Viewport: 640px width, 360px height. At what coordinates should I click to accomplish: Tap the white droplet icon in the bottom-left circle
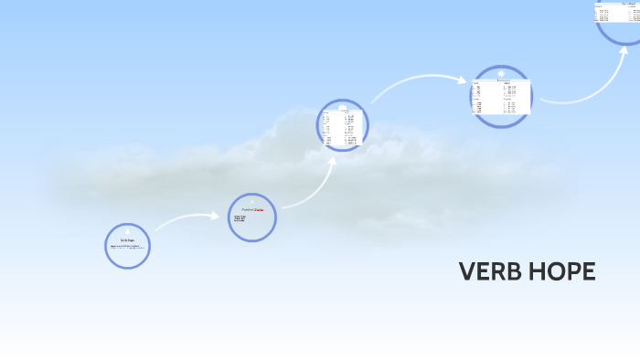(x=127, y=232)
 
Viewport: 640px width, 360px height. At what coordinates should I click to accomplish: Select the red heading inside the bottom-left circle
(x=127, y=239)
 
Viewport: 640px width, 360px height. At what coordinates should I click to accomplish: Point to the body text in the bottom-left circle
(x=127, y=248)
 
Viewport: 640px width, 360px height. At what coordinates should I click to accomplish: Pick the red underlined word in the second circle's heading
(x=259, y=209)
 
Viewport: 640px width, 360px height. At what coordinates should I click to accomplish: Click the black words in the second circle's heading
(x=246, y=209)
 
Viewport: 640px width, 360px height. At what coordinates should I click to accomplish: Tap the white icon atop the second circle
(x=252, y=201)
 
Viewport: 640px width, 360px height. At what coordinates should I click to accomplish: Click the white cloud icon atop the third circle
(x=343, y=107)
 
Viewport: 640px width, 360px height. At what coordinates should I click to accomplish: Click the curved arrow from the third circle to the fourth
(x=416, y=84)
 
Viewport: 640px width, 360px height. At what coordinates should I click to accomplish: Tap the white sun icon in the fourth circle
(x=501, y=73)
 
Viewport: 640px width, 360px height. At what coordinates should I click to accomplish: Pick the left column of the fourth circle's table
(x=483, y=97)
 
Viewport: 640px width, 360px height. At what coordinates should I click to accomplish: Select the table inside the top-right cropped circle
(x=616, y=11)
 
